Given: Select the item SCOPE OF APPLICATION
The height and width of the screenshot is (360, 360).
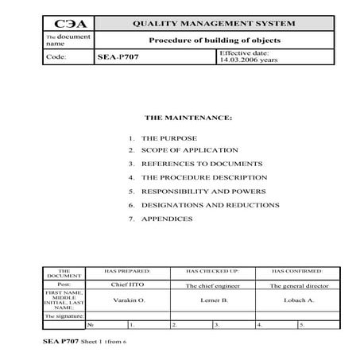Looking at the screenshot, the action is (189, 149).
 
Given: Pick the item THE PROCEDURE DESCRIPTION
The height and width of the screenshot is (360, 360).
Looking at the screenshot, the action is (203, 177).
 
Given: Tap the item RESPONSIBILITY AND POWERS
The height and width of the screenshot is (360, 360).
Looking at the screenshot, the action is (205, 192).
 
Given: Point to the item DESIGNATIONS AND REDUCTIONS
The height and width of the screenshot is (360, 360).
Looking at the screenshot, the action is (210, 205).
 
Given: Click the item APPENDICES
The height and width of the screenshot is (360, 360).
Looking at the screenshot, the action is (167, 219).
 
